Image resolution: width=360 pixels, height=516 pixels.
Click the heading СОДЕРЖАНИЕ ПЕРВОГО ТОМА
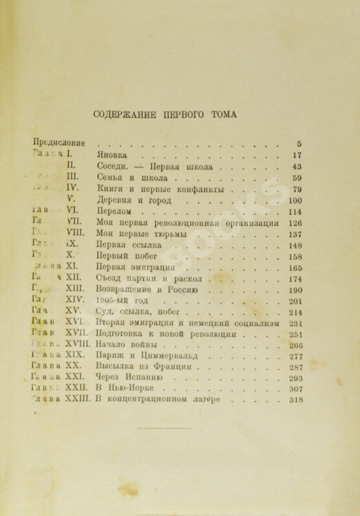165,114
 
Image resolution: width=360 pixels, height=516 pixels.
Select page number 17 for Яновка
297,156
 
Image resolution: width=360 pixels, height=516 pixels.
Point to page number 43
297,167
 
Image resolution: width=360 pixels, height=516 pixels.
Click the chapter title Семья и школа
132,178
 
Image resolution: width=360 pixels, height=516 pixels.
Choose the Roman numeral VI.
72,211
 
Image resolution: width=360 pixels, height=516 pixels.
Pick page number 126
295,223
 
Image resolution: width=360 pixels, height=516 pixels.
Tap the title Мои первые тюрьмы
141,234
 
